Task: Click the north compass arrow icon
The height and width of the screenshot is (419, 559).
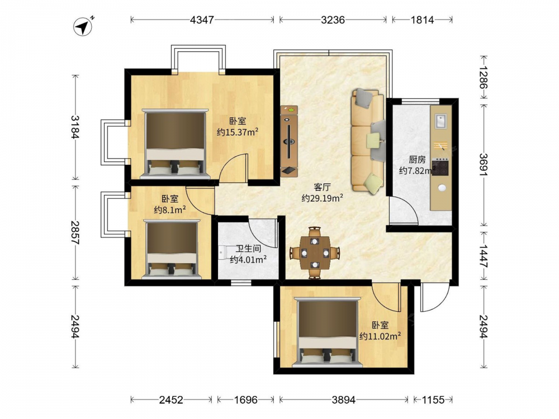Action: click(x=83, y=26)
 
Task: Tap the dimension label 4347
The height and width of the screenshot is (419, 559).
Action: click(x=202, y=20)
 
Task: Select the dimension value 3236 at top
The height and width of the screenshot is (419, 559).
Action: click(x=333, y=20)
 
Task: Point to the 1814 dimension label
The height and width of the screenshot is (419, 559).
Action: click(x=422, y=20)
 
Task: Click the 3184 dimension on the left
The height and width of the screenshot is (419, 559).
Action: click(x=75, y=127)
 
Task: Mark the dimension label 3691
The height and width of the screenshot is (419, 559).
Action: click(x=484, y=164)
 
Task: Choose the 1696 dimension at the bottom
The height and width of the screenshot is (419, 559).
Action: click(x=245, y=400)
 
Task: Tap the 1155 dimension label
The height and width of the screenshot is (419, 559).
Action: click(x=433, y=400)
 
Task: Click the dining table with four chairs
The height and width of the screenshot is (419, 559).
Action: click(x=314, y=253)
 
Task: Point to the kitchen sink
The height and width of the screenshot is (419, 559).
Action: click(x=441, y=121)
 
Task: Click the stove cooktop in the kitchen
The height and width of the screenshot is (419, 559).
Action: click(x=440, y=167)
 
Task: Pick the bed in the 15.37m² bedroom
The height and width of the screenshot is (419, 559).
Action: click(x=174, y=144)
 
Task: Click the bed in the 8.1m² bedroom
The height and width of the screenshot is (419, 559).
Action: click(x=172, y=249)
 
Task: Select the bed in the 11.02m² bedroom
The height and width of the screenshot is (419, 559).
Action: click(x=328, y=332)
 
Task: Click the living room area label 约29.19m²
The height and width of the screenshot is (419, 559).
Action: click(x=323, y=198)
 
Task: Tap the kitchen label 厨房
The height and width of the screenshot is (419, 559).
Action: click(x=417, y=160)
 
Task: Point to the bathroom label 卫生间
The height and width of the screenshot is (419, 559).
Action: click(x=248, y=249)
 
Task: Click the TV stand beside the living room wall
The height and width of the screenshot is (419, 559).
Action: click(x=289, y=141)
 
